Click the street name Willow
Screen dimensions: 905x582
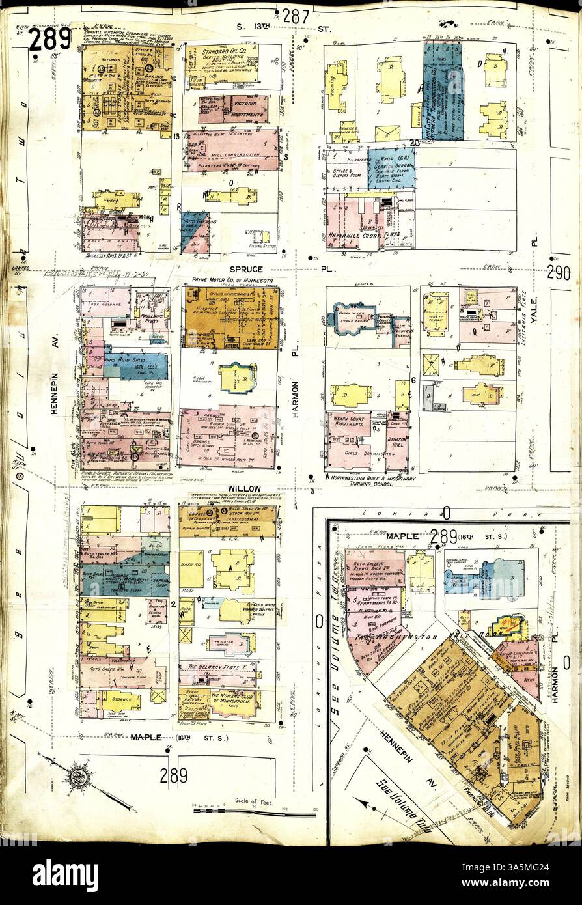click(x=244, y=488)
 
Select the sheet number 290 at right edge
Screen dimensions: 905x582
click(x=558, y=273)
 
